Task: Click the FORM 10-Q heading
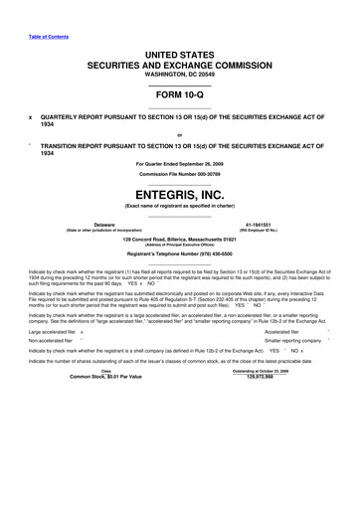[180, 100]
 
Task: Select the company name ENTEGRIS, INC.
[180, 195]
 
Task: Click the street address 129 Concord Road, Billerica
[180, 239]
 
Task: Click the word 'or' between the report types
[180, 136]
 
